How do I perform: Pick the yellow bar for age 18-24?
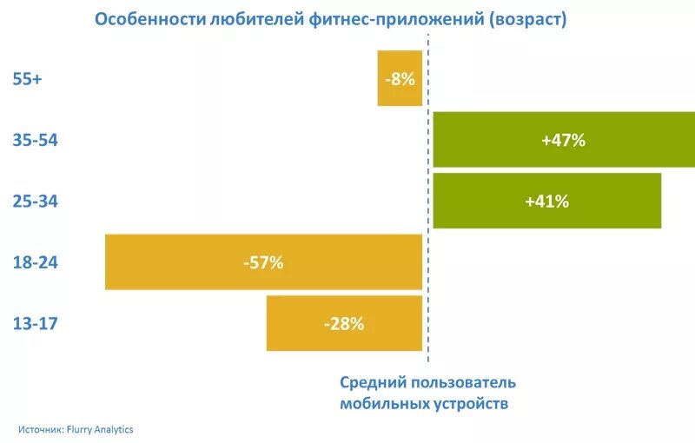pos(174,262)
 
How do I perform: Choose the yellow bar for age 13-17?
pos(295,323)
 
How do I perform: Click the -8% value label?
pos(400,78)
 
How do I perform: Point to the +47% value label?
pos(563,140)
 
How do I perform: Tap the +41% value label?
pos(546,202)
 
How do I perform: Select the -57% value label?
pos(262,262)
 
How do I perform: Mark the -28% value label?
pos(343,324)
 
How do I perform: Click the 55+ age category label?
pos(28,78)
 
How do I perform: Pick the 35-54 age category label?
pos(35,140)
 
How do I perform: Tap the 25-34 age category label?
pos(35,201)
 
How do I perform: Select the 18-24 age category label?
pos(35,262)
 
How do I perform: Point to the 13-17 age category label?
pos(35,324)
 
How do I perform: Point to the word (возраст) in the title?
pos(528,20)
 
